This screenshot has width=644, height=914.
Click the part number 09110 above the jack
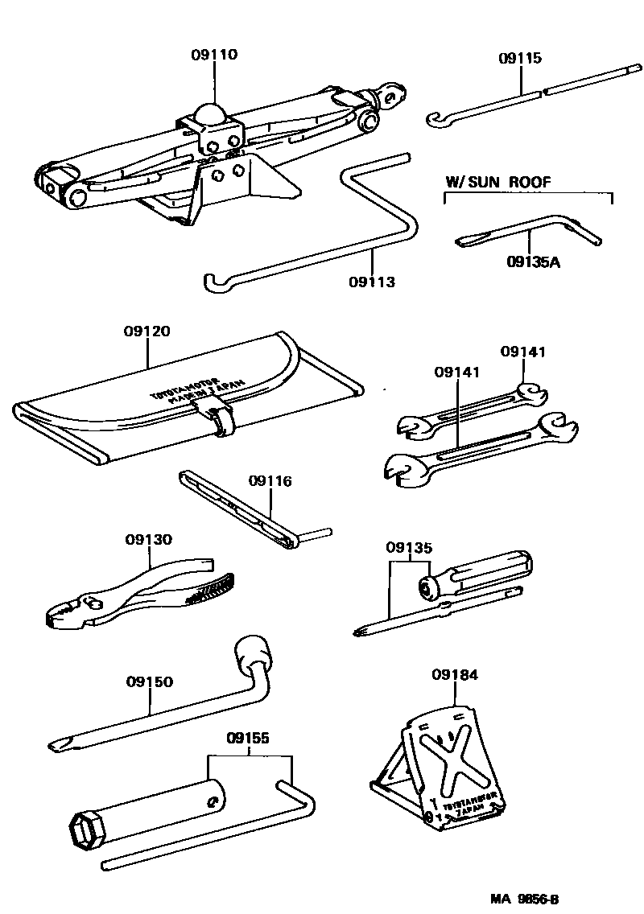215,55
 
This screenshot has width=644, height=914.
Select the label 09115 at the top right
519,59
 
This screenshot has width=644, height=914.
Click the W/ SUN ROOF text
498,182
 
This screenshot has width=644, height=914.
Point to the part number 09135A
533,261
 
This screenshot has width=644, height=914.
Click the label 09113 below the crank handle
372,282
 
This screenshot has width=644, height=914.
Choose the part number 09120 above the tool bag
147,331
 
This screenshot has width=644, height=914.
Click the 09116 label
270,481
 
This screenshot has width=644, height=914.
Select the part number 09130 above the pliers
148,539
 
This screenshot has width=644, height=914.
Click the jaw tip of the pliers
50,620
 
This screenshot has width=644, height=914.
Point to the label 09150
149,681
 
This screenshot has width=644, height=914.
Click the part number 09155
248,737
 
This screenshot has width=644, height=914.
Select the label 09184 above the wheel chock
455,674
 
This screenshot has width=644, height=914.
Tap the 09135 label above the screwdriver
409,548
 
